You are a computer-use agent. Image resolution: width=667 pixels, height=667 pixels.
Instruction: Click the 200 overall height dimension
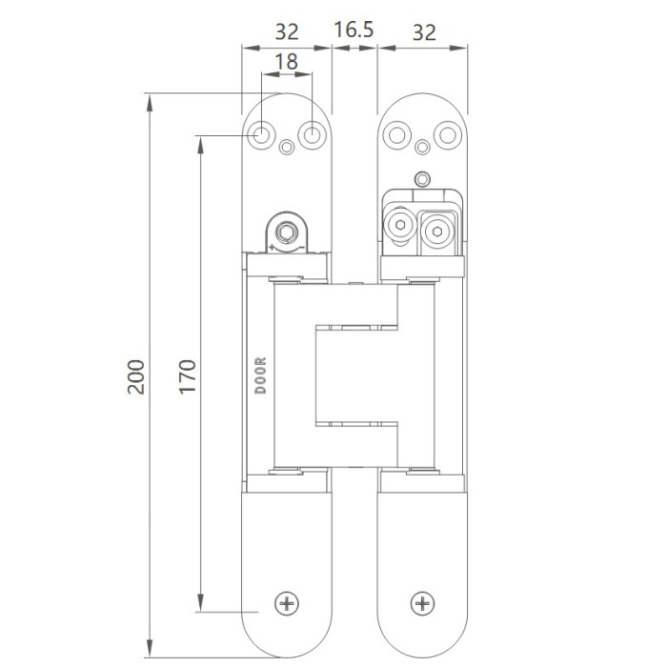(x=135, y=377)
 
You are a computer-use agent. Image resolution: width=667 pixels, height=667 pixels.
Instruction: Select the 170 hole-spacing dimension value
(x=187, y=377)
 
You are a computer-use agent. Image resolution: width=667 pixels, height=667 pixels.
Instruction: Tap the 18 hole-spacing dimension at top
(x=285, y=62)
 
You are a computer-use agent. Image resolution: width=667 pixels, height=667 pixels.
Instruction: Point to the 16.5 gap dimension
(x=354, y=30)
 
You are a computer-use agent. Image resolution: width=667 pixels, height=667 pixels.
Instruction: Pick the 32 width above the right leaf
(x=424, y=30)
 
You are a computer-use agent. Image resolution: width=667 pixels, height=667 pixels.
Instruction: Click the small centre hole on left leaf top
(x=288, y=148)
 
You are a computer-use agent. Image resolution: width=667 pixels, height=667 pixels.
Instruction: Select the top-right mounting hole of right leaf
(x=446, y=135)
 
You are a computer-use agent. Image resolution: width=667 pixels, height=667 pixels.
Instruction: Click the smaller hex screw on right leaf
(x=399, y=228)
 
